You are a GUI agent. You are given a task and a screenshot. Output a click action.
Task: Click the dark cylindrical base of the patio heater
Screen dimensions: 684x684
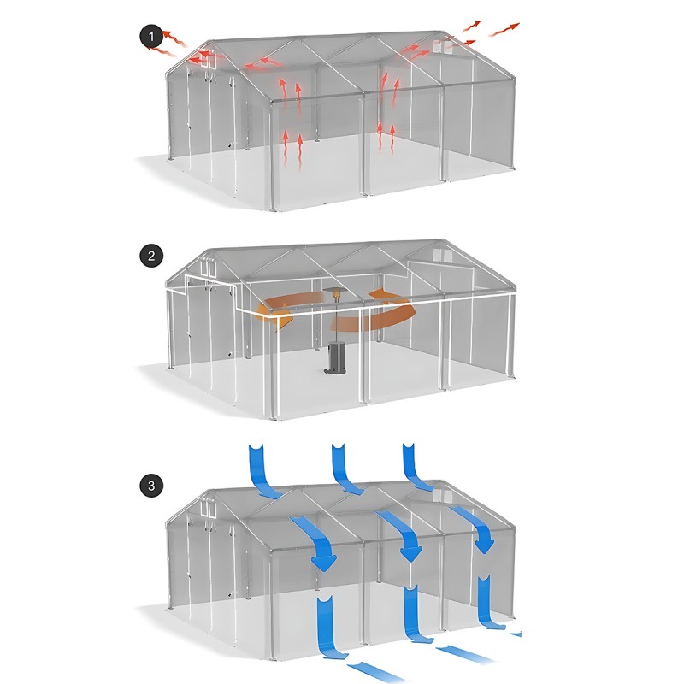click(334, 359)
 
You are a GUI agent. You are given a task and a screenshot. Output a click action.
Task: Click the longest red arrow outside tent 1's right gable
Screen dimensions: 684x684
click(505, 31)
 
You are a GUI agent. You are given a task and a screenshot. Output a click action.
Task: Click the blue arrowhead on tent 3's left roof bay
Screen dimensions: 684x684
click(324, 561)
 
